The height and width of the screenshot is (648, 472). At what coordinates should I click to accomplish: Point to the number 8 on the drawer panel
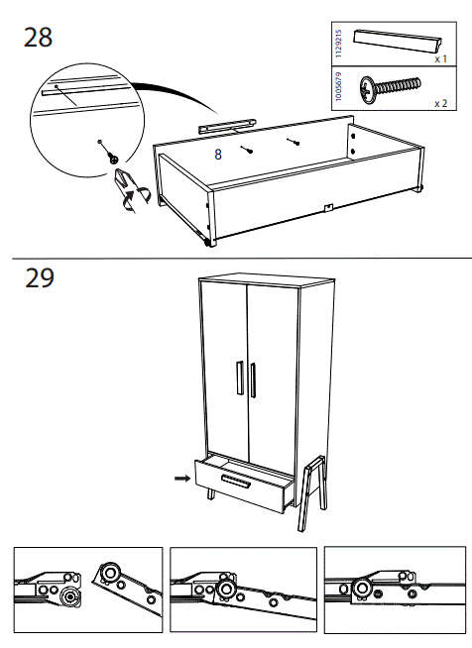(x=218, y=155)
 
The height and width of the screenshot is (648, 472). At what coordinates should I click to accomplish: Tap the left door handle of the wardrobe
(x=239, y=381)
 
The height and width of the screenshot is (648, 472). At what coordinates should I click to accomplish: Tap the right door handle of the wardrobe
(x=254, y=381)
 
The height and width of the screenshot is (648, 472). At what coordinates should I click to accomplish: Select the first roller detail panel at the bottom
(x=86, y=590)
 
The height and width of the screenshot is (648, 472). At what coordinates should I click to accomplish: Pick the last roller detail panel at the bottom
(x=390, y=590)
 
